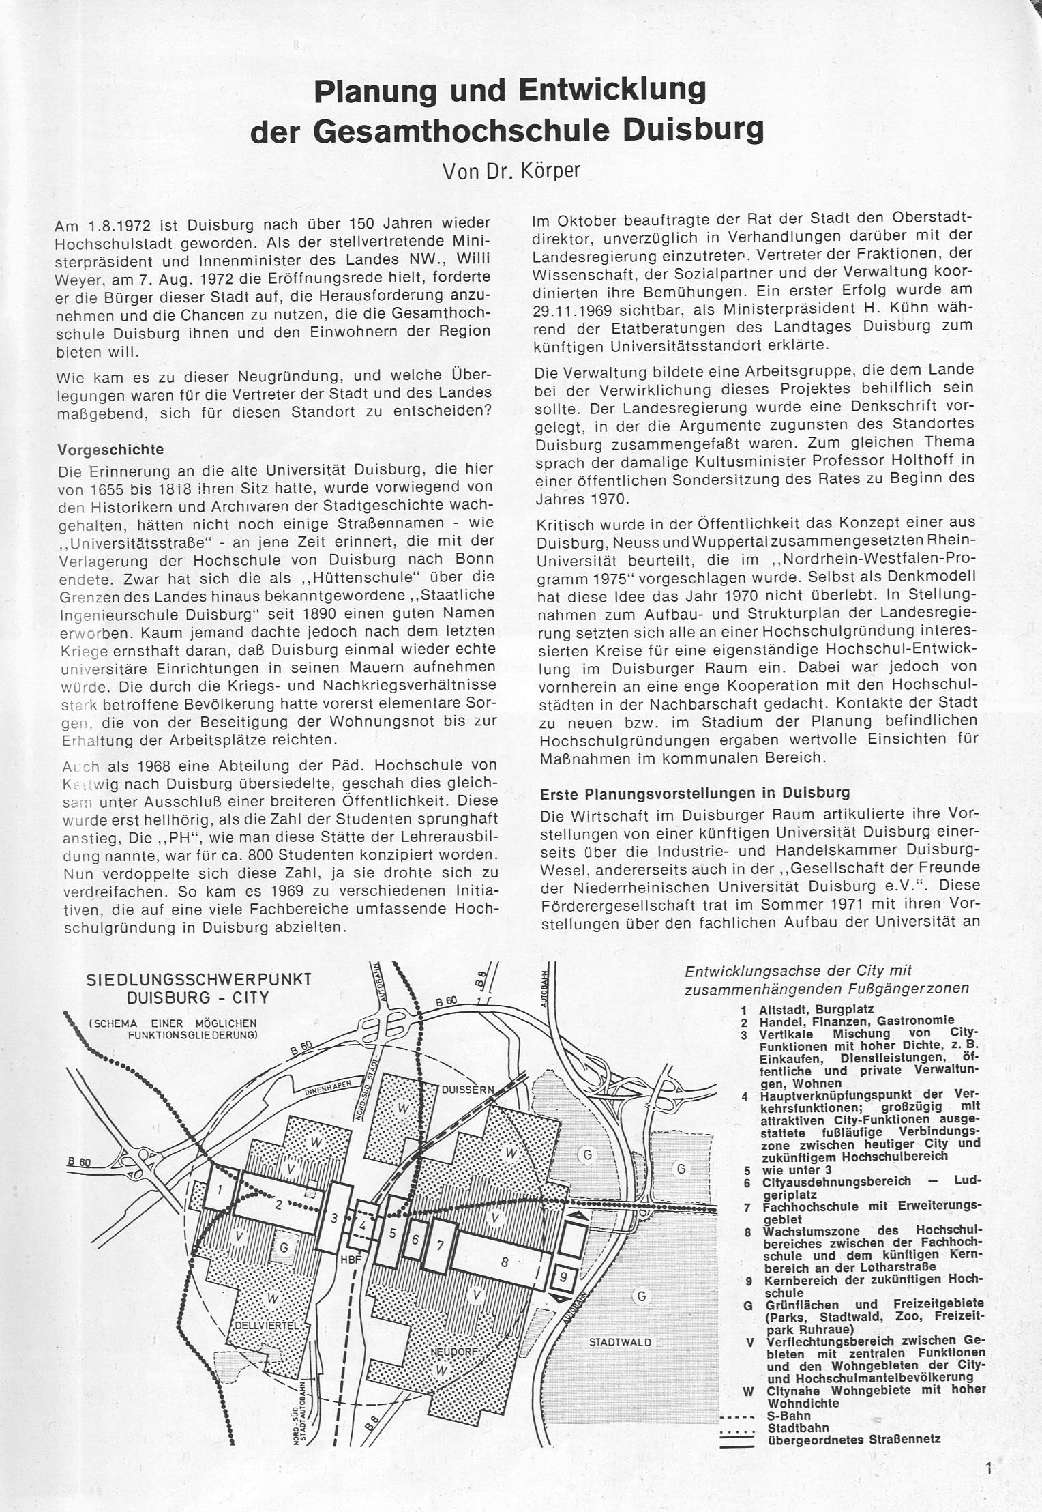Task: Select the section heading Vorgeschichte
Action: pyautogui.click(x=110, y=450)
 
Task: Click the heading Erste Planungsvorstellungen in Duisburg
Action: pyautogui.click(x=694, y=793)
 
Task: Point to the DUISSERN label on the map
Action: pyautogui.click(x=468, y=1090)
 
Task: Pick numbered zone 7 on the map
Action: pyautogui.click(x=441, y=1245)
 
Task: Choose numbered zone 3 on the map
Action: pyautogui.click(x=334, y=1218)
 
